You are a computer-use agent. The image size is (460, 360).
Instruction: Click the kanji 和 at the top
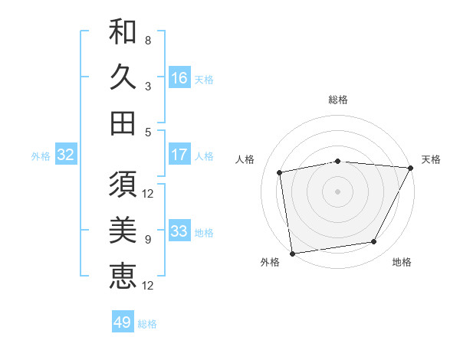coord(123,32)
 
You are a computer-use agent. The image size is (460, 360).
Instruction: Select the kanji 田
coord(123,123)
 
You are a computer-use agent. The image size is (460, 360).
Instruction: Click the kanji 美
coord(123,231)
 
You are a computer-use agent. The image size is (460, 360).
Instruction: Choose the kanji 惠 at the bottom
coord(123,276)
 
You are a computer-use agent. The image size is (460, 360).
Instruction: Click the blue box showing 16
coord(179,77)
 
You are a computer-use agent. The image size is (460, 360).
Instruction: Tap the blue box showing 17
coord(179,155)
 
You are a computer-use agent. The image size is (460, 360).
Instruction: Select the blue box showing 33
coord(179,231)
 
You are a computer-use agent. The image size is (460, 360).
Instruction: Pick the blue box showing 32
coord(65,155)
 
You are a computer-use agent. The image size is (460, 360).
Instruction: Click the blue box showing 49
coord(123,322)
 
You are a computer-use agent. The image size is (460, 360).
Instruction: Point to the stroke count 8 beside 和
coord(148,40)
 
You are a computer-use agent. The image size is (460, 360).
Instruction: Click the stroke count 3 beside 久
coord(148,86)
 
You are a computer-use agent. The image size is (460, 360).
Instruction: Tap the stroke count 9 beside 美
coord(148,240)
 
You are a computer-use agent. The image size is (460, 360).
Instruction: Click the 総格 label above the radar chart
coord(338,100)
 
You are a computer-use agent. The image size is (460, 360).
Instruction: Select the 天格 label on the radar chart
coord(431,159)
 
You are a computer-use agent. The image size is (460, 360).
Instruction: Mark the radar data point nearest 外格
coord(291,253)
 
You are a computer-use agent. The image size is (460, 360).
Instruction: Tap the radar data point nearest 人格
coord(280,172)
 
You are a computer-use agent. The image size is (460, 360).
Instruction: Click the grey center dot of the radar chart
coord(338,191)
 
